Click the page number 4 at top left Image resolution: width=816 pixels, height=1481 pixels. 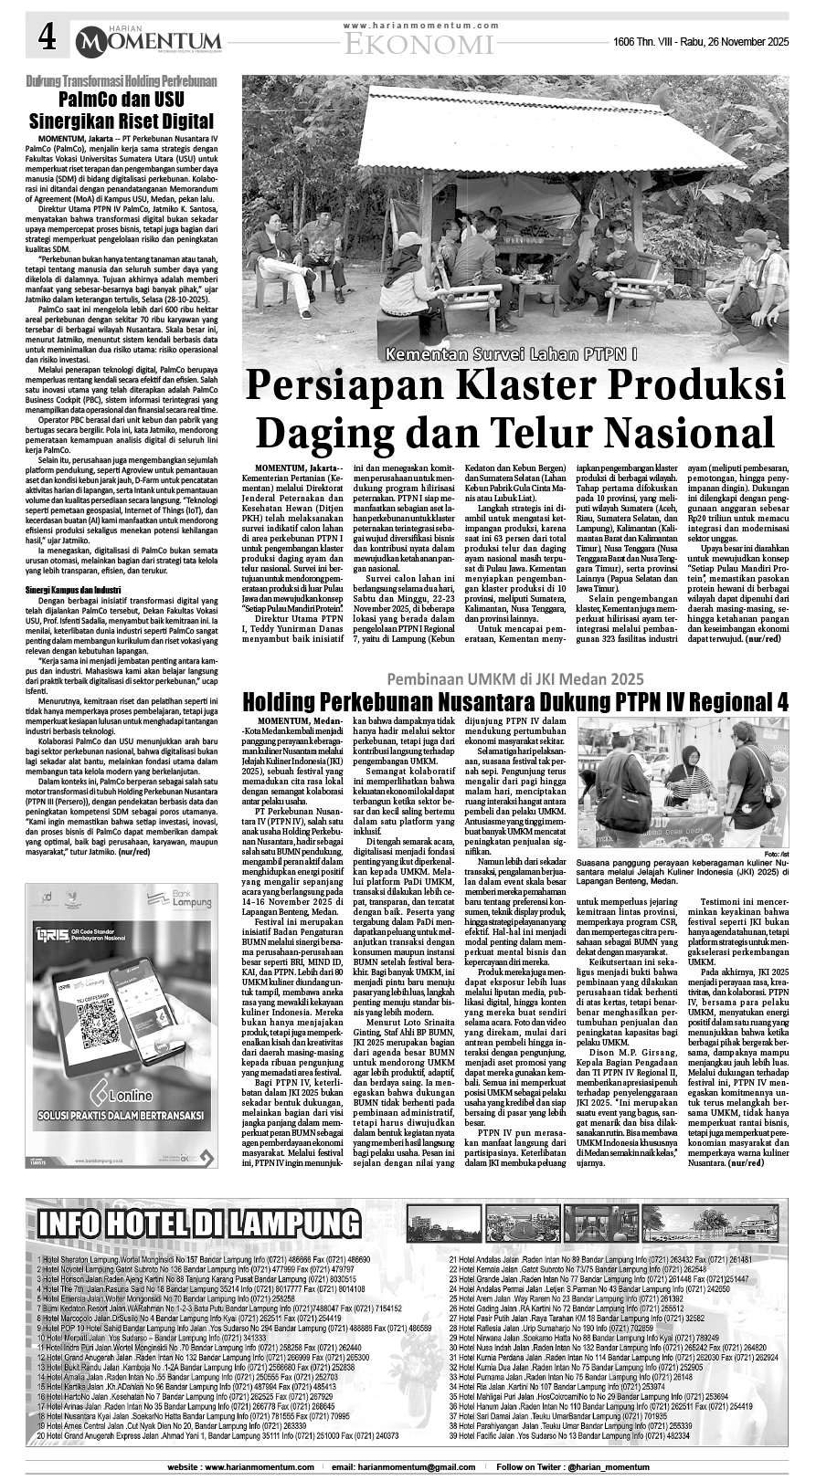(46, 38)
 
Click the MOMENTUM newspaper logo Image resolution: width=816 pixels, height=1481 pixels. (148, 41)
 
